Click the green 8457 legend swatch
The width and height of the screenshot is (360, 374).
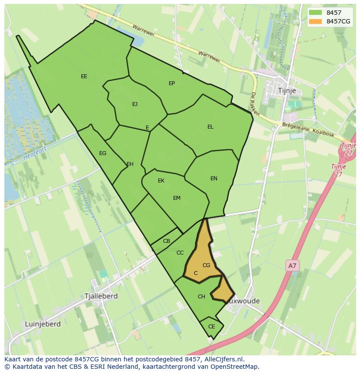316,13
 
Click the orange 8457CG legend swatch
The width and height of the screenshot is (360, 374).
316,21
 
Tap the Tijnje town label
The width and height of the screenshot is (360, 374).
287,90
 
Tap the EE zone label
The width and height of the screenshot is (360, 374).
84,76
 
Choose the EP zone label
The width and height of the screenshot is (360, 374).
172,83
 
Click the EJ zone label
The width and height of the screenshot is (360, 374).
135,104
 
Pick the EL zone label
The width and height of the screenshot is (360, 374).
210,127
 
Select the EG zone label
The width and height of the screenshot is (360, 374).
103,153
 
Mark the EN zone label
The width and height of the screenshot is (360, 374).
214,179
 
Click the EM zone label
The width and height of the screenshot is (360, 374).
177,198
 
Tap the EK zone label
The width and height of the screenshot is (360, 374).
161,181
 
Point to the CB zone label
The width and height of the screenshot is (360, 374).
167,241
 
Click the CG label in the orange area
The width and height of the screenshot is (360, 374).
207,265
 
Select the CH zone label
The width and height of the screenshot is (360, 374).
201,297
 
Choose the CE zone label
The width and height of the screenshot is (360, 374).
212,327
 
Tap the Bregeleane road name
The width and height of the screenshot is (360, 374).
295,129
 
